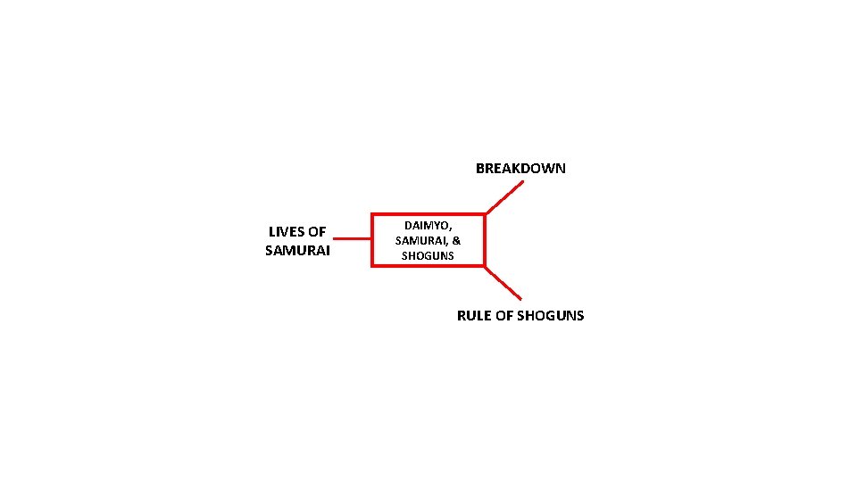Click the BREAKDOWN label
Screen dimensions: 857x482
(520, 168)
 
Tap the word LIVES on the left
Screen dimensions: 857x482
(286, 232)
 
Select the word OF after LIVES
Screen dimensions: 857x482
(317, 232)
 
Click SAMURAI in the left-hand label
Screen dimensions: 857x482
(297, 251)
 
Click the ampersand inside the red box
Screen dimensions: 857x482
(456, 241)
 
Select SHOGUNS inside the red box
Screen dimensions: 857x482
(428, 256)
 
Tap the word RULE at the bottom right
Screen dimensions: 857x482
(474, 315)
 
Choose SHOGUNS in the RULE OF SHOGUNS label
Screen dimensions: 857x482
(551, 315)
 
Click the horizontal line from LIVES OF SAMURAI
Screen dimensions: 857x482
(352, 239)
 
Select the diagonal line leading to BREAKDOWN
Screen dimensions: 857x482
(504, 198)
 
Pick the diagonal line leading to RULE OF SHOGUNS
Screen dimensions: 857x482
(503, 282)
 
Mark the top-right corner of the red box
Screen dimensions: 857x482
(485, 215)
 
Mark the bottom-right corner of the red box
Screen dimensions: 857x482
(485, 265)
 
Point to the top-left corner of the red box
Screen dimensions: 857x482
(372, 215)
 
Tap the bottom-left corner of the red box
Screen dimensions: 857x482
(372, 265)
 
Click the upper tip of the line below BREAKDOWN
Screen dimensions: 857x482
(523, 182)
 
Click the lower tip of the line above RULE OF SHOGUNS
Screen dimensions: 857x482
(520, 297)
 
